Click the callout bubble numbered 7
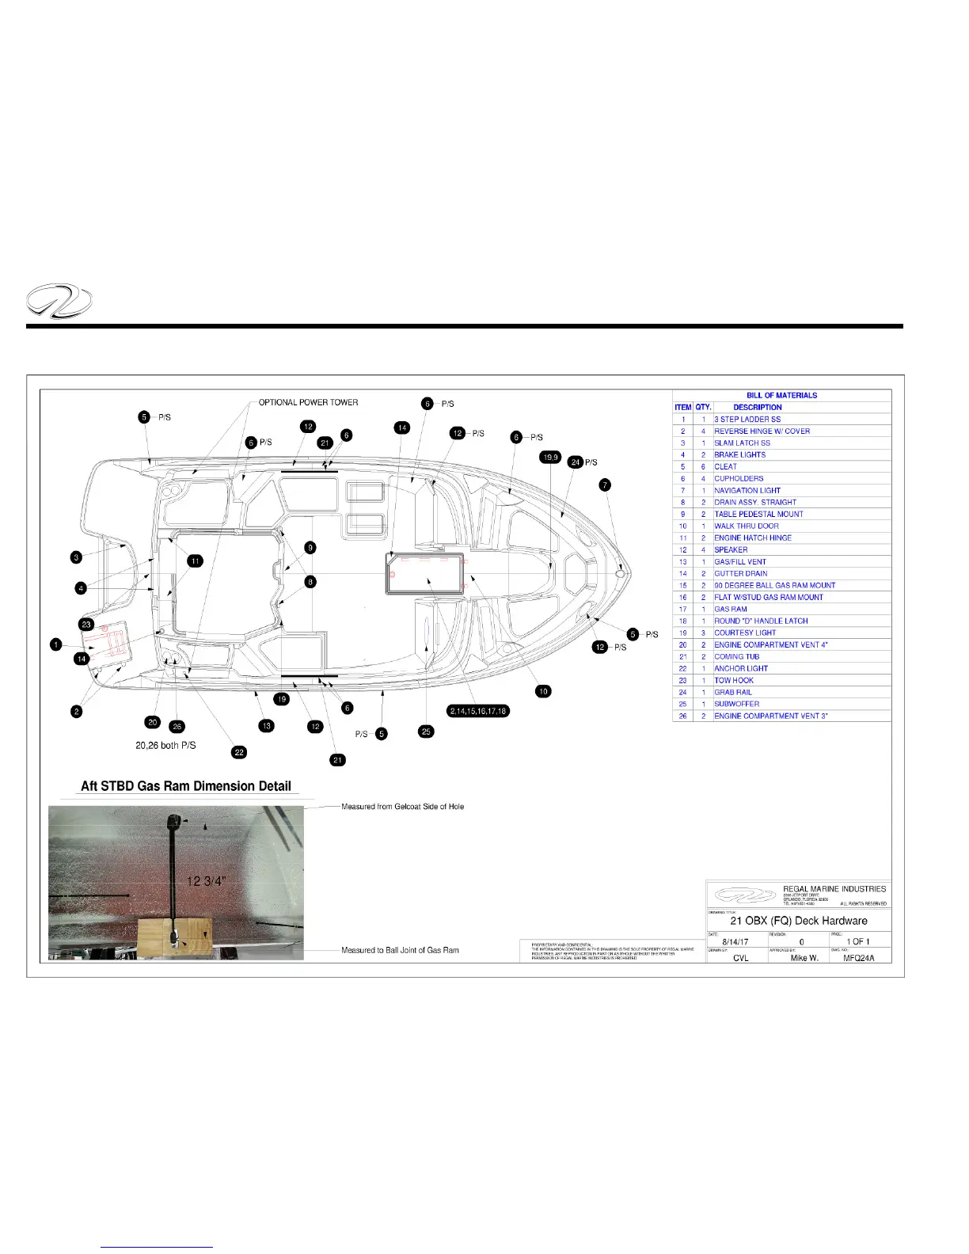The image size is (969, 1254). pos(605,485)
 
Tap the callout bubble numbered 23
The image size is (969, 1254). pos(87,625)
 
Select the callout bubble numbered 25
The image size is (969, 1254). pos(427,731)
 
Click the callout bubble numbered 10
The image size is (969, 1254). pos(543,691)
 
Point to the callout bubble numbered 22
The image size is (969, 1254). pos(239,752)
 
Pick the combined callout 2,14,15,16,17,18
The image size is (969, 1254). pos(478,711)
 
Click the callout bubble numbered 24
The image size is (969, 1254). pos(576,462)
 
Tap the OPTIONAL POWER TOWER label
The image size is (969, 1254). pos(308,402)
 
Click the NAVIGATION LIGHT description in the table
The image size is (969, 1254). pos(747,490)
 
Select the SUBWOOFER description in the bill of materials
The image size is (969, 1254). pos(736,704)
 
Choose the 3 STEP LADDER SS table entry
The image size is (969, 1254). pos(747,419)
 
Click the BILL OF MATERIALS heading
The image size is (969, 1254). pos(781,395)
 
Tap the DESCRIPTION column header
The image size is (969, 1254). pos(758,407)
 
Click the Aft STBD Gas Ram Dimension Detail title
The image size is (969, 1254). pos(186,786)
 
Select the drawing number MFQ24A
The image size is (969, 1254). pos(859,958)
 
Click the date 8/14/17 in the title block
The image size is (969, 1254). pos(735,942)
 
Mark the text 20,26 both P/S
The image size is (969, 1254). pos(165,745)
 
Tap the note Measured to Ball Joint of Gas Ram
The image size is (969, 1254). pos(400,950)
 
